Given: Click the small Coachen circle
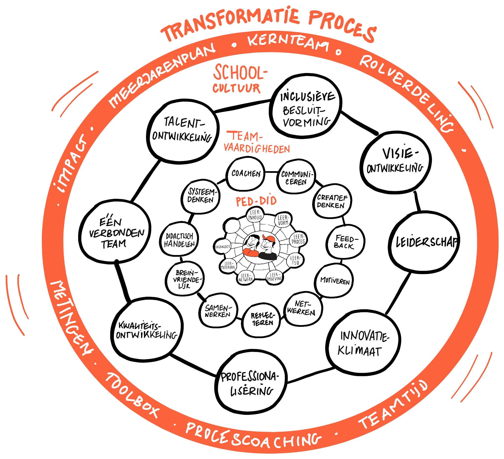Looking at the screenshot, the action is [246, 173].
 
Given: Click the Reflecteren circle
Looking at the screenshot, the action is [263, 319].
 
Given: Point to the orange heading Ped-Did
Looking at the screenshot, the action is [256, 202].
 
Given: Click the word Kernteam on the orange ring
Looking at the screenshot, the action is [288, 42].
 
